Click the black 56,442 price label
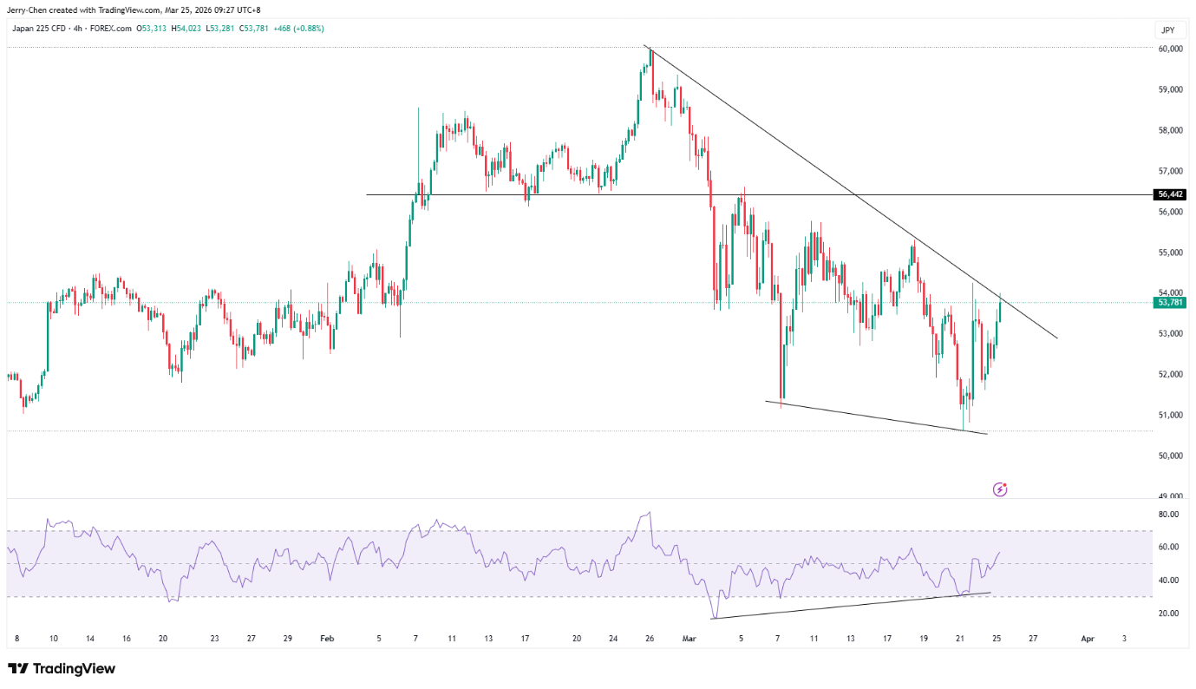(x=1169, y=194)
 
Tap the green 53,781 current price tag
(x=1169, y=303)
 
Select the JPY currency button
(x=1168, y=30)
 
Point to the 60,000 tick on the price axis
(x=1170, y=49)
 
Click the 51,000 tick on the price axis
(x=1170, y=415)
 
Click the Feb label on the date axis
(x=327, y=639)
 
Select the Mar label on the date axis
(x=689, y=639)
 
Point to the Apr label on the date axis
(x=1088, y=639)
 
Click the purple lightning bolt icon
(x=999, y=489)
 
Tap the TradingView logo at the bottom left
(x=62, y=669)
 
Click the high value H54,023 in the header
(x=186, y=29)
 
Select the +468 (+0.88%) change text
(x=298, y=29)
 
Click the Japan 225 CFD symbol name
(x=38, y=29)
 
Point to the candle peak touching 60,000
(x=650, y=49)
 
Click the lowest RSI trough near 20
(x=713, y=618)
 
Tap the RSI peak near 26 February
(x=650, y=513)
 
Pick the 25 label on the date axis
(x=997, y=639)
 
